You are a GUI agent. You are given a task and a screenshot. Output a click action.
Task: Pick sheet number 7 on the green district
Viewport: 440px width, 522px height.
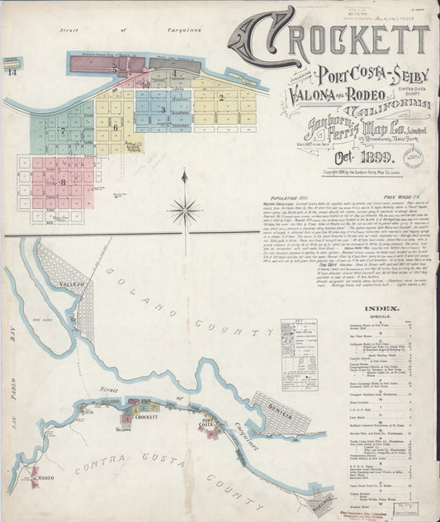pyautogui.click(x=63, y=130)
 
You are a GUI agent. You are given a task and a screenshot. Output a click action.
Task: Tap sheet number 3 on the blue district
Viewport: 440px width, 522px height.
pyautogui.click(x=163, y=109)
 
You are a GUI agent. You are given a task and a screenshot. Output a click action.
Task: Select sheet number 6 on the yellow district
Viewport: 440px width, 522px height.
pyautogui.click(x=116, y=126)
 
